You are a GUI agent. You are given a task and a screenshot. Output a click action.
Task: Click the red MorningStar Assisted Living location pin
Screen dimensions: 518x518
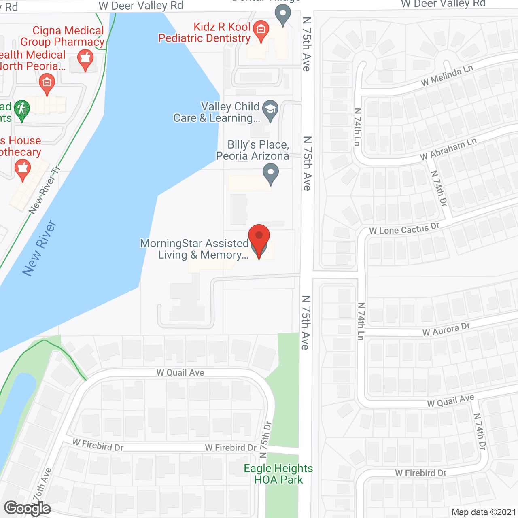click(x=259, y=239)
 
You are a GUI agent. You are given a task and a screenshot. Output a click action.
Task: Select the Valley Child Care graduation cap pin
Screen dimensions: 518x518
click(x=270, y=110)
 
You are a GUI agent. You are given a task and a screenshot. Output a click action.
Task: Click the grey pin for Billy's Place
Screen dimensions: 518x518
click(x=271, y=174)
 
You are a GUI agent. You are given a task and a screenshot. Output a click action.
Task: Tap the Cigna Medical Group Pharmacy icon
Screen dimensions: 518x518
click(x=85, y=59)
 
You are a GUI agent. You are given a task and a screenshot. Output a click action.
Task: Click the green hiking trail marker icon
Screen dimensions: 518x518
click(x=22, y=110)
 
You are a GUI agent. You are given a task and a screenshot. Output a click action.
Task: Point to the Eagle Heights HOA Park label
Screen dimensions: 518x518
click(x=278, y=474)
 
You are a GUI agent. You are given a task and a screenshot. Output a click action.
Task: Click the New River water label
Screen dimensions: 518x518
click(x=39, y=248)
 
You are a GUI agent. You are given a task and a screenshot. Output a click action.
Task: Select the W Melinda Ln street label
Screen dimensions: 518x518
click(x=447, y=76)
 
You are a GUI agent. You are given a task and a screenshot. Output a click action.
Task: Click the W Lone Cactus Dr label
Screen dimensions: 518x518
click(x=404, y=229)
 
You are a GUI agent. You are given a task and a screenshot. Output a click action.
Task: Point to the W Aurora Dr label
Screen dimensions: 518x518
click(x=446, y=329)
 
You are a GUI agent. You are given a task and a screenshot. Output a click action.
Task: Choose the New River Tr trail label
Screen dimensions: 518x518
click(x=45, y=189)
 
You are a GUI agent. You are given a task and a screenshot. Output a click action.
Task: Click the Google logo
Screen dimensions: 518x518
click(x=27, y=508)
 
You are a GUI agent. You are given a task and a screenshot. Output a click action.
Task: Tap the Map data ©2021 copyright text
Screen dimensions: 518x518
click(x=484, y=512)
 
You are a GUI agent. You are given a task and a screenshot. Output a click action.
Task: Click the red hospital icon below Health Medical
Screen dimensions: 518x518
click(x=47, y=84)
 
